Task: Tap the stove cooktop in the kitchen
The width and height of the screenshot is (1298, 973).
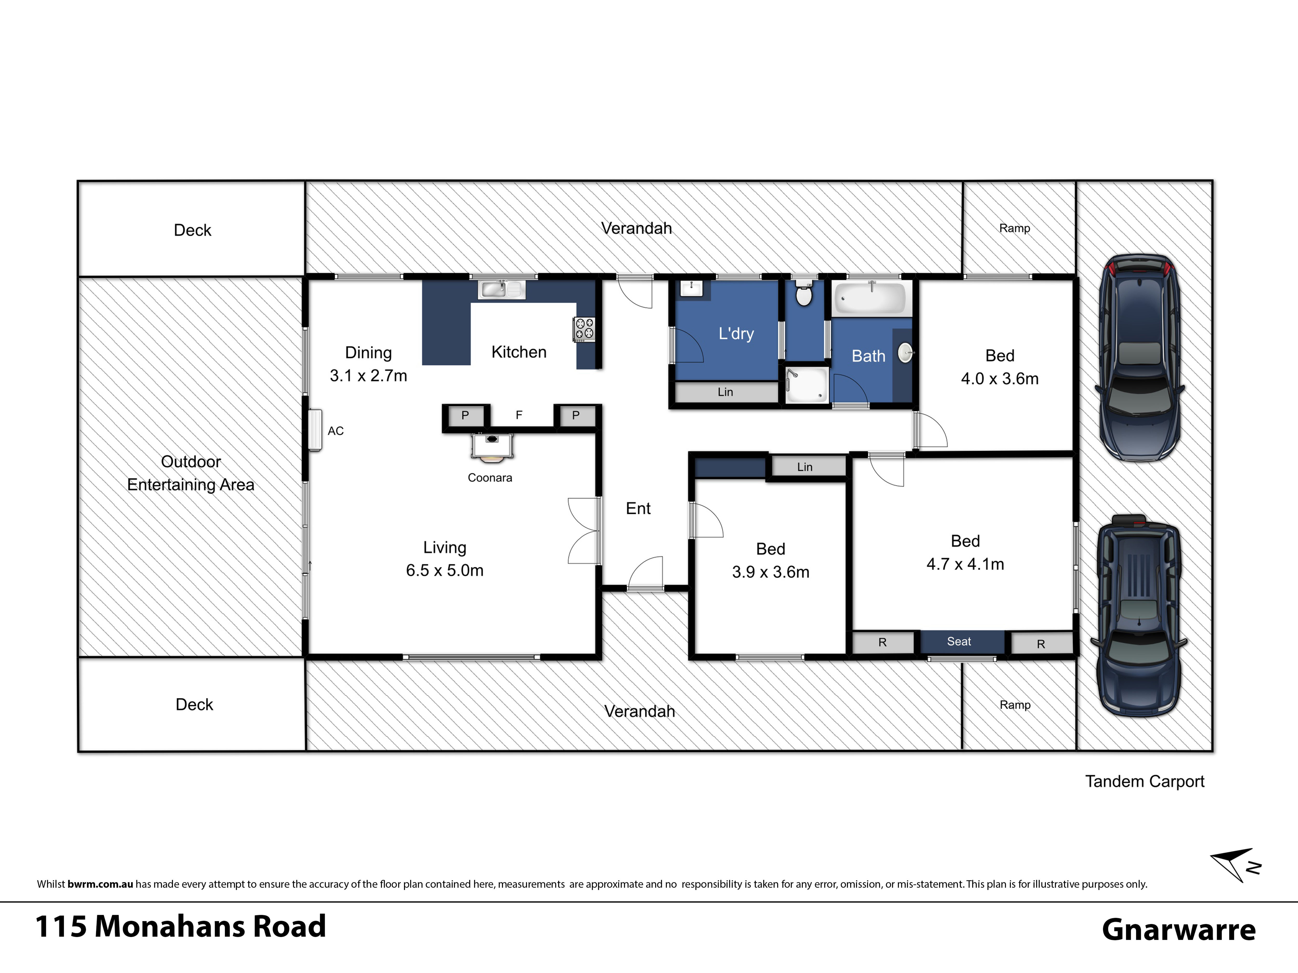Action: pos(584,329)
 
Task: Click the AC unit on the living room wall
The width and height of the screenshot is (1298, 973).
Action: pos(316,430)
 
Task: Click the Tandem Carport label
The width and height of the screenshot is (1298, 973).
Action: pos(1144,781)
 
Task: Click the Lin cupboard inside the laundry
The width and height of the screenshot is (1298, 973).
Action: pos(726,392)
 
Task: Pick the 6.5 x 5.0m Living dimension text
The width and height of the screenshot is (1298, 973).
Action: pos(445,570)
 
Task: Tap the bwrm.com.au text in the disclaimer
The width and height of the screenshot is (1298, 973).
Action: pos(100,884)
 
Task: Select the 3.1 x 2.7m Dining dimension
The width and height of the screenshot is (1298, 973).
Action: pos(368,375)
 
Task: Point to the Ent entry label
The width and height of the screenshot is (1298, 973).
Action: pos(638,508)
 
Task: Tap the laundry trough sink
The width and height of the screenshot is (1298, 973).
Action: pos(691,289)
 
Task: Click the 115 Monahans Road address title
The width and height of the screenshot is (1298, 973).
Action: pos(181,927)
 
